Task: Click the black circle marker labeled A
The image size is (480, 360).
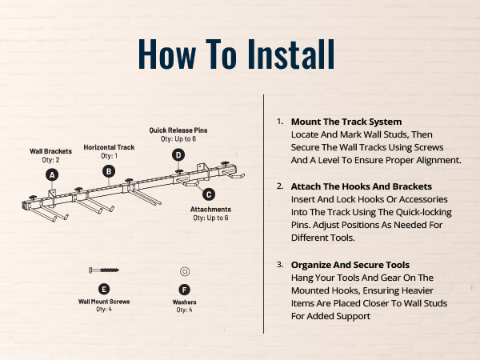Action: (52, 175)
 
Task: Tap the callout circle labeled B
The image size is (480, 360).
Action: (109, 171)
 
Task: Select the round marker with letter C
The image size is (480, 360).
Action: (209, 194)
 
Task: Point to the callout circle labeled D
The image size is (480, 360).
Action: (178, 155)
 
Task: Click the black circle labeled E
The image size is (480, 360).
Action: (104, 290)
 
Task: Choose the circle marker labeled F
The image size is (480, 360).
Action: (184, 290)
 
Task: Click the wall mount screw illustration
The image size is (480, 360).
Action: (104, 270)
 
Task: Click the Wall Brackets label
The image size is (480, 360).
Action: (51, 151)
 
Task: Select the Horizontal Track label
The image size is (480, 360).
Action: (109, 147)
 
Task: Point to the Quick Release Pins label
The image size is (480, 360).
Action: (178, 130)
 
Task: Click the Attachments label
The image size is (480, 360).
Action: (210, 210)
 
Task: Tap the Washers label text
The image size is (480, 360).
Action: (184, 302)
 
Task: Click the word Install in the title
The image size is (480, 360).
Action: (291, 54)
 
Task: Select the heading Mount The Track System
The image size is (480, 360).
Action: (346, 122)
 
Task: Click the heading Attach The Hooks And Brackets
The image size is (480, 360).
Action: (362, 186)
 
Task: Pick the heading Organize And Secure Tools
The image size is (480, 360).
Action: (350, 265)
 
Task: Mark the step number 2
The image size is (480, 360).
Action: (280, 186)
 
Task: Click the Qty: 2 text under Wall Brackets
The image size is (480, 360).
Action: (51, 160)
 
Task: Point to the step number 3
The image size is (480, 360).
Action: (280, 264)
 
